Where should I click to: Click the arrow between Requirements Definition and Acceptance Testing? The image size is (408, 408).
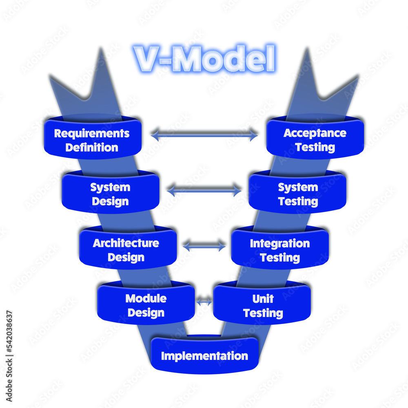tap(204, 134)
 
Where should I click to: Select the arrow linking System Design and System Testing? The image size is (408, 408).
tap(204, 190)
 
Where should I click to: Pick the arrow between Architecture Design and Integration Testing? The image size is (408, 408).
tap(204, 246)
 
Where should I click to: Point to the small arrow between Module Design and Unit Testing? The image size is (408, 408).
tap(204, 302)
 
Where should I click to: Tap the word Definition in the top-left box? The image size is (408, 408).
tap(92, 147)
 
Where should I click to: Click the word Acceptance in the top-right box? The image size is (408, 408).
tap(315, 133)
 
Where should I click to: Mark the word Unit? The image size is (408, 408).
tap(263, 299)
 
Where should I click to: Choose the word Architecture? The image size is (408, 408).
tap(126, 243)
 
